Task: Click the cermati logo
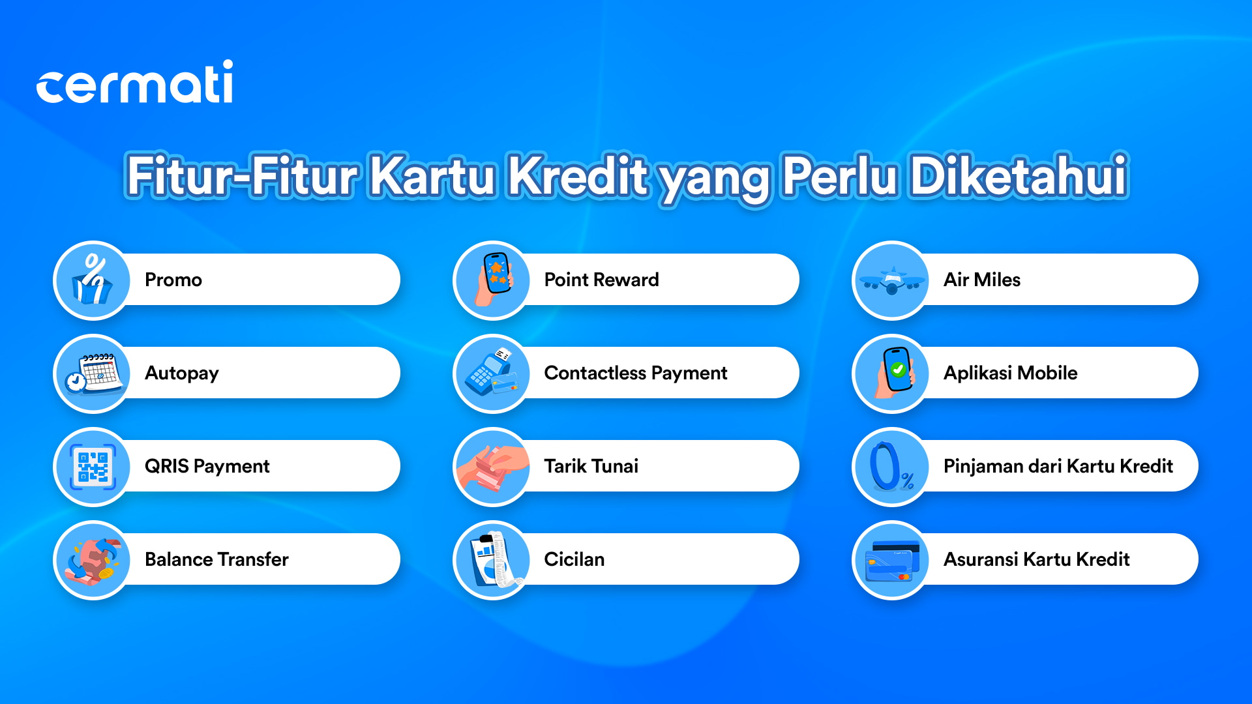[134, 82]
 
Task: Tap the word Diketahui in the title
[1019, 175]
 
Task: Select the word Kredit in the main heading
[578, 175]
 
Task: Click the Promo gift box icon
[93, 280]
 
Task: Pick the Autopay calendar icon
[93, 374]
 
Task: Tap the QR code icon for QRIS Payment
[93, 467]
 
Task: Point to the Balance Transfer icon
[93, 560]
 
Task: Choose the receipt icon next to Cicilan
[497, 560]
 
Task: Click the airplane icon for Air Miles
[892, 281]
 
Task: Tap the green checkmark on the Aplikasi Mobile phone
[898, 370]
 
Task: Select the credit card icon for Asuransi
[892, 561]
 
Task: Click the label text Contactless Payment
[635, 373]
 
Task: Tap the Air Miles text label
[981, 280]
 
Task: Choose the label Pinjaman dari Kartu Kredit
[1058, 466]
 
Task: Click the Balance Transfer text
[216, 559]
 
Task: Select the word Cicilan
[574, 559]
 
